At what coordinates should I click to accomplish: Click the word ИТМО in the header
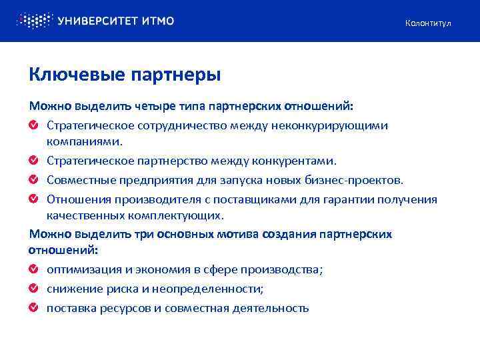coord(158,21)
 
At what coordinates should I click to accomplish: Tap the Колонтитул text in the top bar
coord(428,23)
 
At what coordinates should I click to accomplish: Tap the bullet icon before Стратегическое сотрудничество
coord(33,125)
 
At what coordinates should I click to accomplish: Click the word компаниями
coord(85,142)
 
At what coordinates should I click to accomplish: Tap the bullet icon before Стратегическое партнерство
coord(33,161)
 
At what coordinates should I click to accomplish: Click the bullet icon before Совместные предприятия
coord(33,179)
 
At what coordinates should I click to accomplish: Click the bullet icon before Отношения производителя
coord(33,199)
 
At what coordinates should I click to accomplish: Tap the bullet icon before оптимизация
coord(33,270)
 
